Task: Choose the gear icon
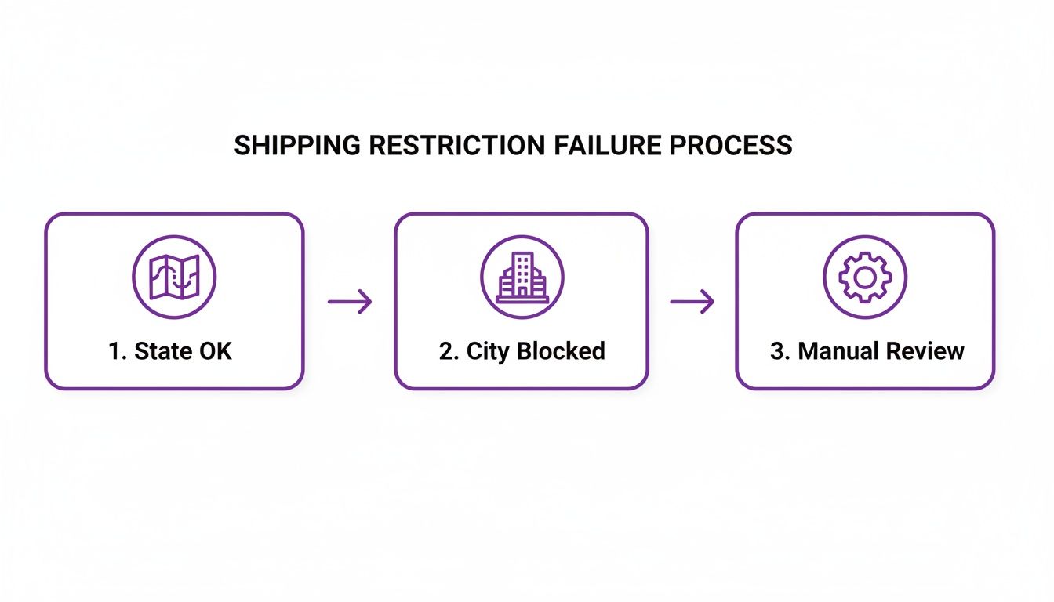click(864, 277)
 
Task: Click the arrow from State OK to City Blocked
click(349, 302)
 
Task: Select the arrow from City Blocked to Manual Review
click(692, 302)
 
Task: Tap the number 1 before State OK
click(114, 350)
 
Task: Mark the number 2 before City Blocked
click(446, 350)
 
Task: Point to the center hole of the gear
click(864, 277)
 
